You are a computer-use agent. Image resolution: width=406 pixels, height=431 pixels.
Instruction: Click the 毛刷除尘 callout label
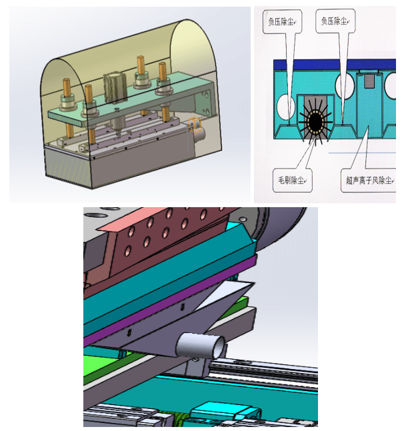[x=293, y=181]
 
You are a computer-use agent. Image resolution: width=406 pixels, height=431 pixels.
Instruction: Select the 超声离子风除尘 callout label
[x=369, y=181]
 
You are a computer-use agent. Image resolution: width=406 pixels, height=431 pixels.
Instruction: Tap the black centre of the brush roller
[x=315, y=121]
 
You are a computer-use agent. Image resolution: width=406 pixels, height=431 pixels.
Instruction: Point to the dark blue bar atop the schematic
[x=335, y=65]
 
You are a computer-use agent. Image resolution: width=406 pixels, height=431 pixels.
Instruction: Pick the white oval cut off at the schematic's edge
[x=391, y=86]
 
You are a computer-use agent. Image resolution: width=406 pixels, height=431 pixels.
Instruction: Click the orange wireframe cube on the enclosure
[x=195, y=125]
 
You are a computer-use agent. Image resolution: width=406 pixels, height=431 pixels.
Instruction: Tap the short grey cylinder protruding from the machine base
[x=200, y=135]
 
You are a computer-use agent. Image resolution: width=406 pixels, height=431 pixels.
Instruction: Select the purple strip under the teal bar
[x=170, y=300]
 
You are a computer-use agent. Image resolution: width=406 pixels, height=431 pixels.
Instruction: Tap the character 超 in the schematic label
[x=349, y=181]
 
